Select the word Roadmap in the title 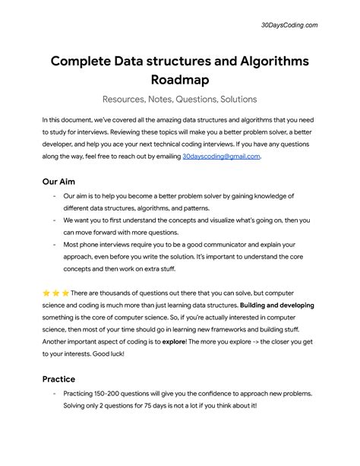(x=180, y=80)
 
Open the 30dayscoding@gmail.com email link (x=221, y=156)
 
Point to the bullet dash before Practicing (x=55, y=415)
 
